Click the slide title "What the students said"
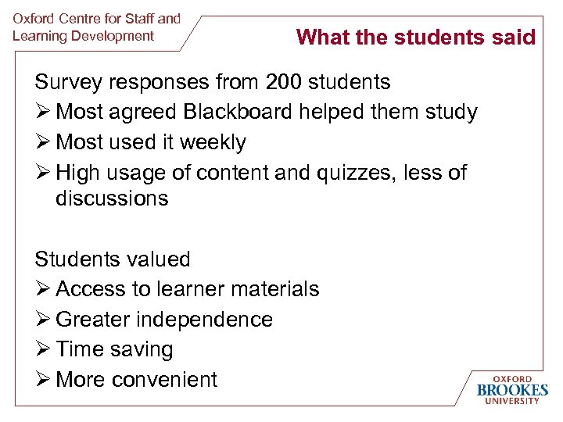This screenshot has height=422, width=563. click(x=416, y=37)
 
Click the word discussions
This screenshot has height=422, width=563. click(x=112, y=198)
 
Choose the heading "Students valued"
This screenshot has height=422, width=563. click(x=113, y=259)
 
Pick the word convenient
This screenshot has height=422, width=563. click(x=164, y=380)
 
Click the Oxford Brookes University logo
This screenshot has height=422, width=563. click(x=512, y=388)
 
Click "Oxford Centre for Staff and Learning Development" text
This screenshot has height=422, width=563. click(x=96, y=27)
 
